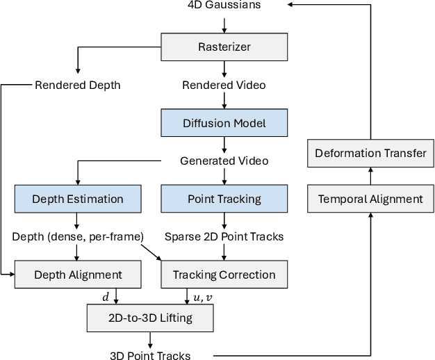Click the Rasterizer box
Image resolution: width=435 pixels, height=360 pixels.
pyautogui.click(x=224, y=47)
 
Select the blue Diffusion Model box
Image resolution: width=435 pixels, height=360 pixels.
pyautogui.click(x=224, y=123)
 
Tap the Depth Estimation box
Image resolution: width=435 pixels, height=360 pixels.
pyautogui.click(x=78, y=199)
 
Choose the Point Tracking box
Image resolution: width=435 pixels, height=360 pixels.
pyautogui.click(x=224, y=199)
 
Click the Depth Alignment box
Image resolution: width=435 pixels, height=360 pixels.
pyautogui.click(x=78, y=275)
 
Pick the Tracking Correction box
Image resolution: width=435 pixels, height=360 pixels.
pyautogui.click(x=224, y=275)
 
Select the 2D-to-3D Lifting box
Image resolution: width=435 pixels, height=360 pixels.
pyautogui.click(x=149, y=318)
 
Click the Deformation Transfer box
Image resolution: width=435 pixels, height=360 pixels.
pyautogui.click(x=370, y=154)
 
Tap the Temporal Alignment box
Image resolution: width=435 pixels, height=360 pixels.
pyautogui.click(x=370, y=199)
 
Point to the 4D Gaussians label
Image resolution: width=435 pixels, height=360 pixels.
pyautogui.click(x=224, y=6)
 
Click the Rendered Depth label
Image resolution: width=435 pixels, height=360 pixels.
pyautogui.click(x=77, y=85)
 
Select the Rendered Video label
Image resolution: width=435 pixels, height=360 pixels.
pyautogui.click(x=224, y=85)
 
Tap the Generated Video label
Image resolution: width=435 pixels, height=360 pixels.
pyautogui.click(x=224, y=161)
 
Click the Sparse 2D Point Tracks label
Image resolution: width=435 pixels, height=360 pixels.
pyautogui.click(x=224, y=236)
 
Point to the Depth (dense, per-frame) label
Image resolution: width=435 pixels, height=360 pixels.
pyautogui.click(x=78, y=236)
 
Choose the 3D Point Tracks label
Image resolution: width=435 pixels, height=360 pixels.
pyautogui.click(x=149, y=355)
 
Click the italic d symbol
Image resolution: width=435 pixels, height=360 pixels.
pyautogui.click(x=106, y=297)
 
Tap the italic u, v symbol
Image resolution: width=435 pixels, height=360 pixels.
pyautogui.click(x=202, y=297)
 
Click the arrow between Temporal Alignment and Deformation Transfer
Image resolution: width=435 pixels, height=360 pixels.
pyautogui.click(x=370, y=177)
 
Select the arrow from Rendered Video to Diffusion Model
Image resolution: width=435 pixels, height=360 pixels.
pyautogui.click(x=224, y=101)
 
